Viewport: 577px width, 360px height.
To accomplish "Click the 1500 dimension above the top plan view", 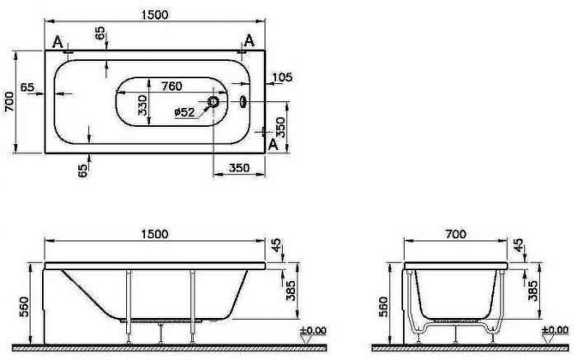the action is (x=155, y=15).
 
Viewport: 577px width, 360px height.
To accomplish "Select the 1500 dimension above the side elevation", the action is (x=155, y=234).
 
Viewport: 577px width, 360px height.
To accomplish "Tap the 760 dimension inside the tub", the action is (x=171, y=86).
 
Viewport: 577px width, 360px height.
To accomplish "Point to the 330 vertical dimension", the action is (x=143, y=105).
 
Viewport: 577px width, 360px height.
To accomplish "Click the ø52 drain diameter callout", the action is (x=185, y=112).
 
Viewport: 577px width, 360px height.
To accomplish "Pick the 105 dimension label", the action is (x=282, y=77).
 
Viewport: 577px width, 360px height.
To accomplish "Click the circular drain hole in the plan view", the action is (x=213, y=101).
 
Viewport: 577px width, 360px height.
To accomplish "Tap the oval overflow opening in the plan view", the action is (x=243, y=101).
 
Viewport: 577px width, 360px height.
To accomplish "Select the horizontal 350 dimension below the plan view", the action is (x=239, y=168).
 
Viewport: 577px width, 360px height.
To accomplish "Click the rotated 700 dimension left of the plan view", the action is (x=9, y=102).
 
